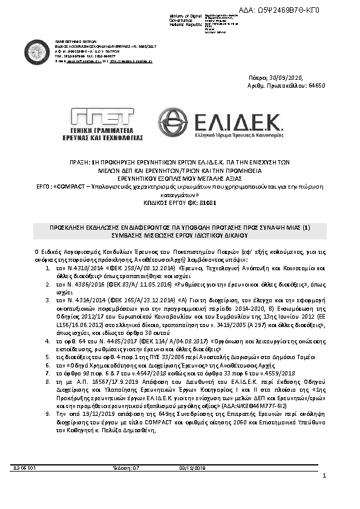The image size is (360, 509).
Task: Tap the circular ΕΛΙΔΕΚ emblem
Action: pyautogui.click(x=172, y=123)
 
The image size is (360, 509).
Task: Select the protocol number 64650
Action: pyautogui.click(x=317, y=86)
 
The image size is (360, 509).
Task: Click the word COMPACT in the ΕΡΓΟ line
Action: pyautogui.click(x=73, y=188)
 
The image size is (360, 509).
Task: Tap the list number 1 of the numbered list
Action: pyautogui.click(x=48, y=266)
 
